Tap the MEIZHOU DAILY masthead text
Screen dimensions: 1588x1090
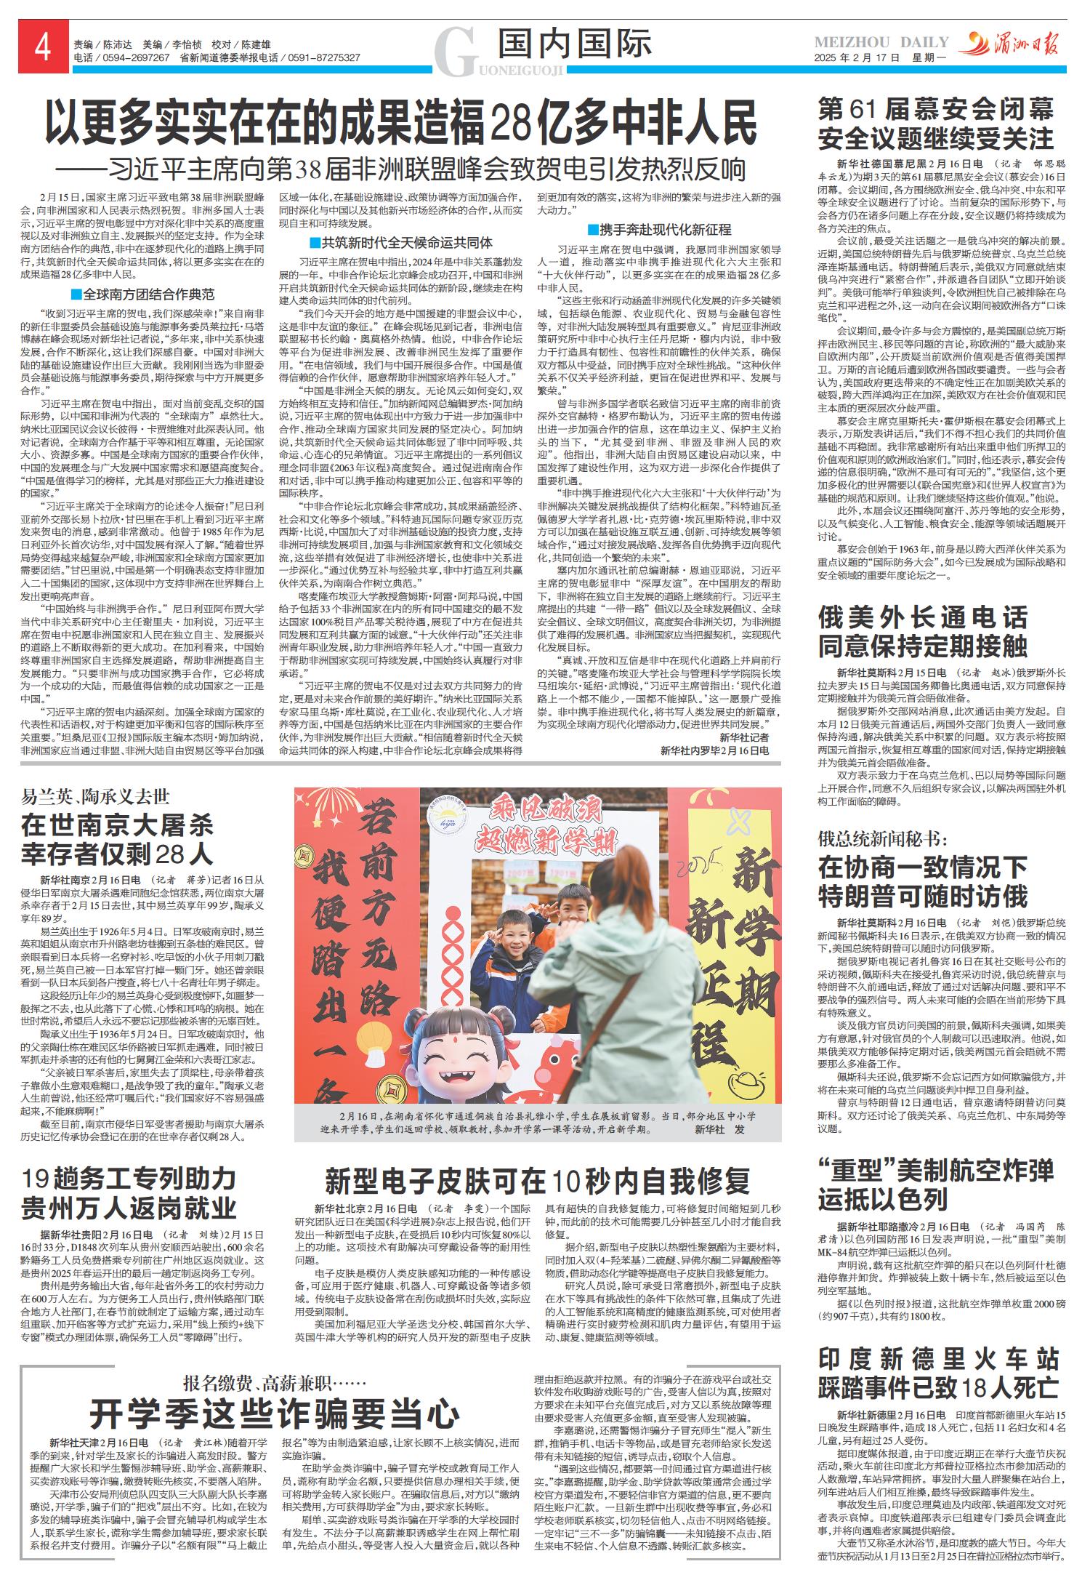(x=881, y=43)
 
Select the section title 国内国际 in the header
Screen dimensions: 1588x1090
(x=575, y=44)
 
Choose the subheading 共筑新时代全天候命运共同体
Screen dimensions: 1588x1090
(x=400, y=243)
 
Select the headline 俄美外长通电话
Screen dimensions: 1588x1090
(x=923, y=618)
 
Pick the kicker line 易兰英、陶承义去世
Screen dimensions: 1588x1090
(x=95, y=797)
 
